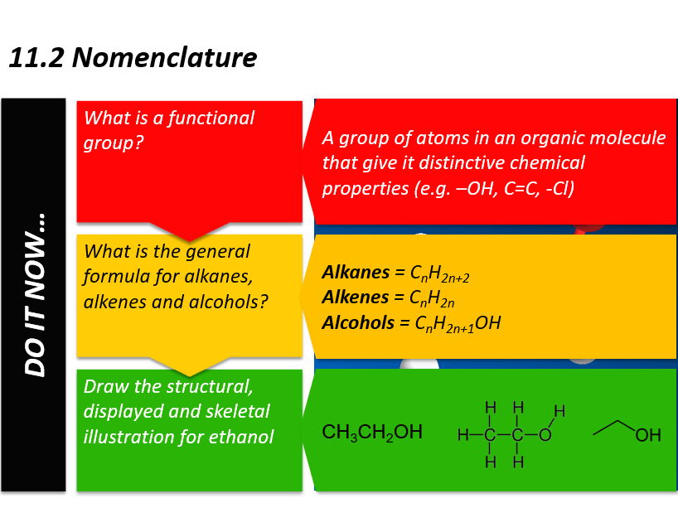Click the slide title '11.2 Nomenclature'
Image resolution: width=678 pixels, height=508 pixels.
coord(133,58)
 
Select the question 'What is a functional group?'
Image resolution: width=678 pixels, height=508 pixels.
coord(169,130)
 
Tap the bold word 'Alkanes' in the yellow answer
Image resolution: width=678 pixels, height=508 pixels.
coord(354,272)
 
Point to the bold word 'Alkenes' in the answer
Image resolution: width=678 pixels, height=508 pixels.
coord(355,297)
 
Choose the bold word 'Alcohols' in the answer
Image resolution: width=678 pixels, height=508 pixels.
coord(359,322)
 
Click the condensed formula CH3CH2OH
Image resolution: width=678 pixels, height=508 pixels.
coord(372,433)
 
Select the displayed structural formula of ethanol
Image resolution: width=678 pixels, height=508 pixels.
coord(511,434)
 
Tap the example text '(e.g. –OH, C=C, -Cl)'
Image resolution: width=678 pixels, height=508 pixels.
coord(493,188)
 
